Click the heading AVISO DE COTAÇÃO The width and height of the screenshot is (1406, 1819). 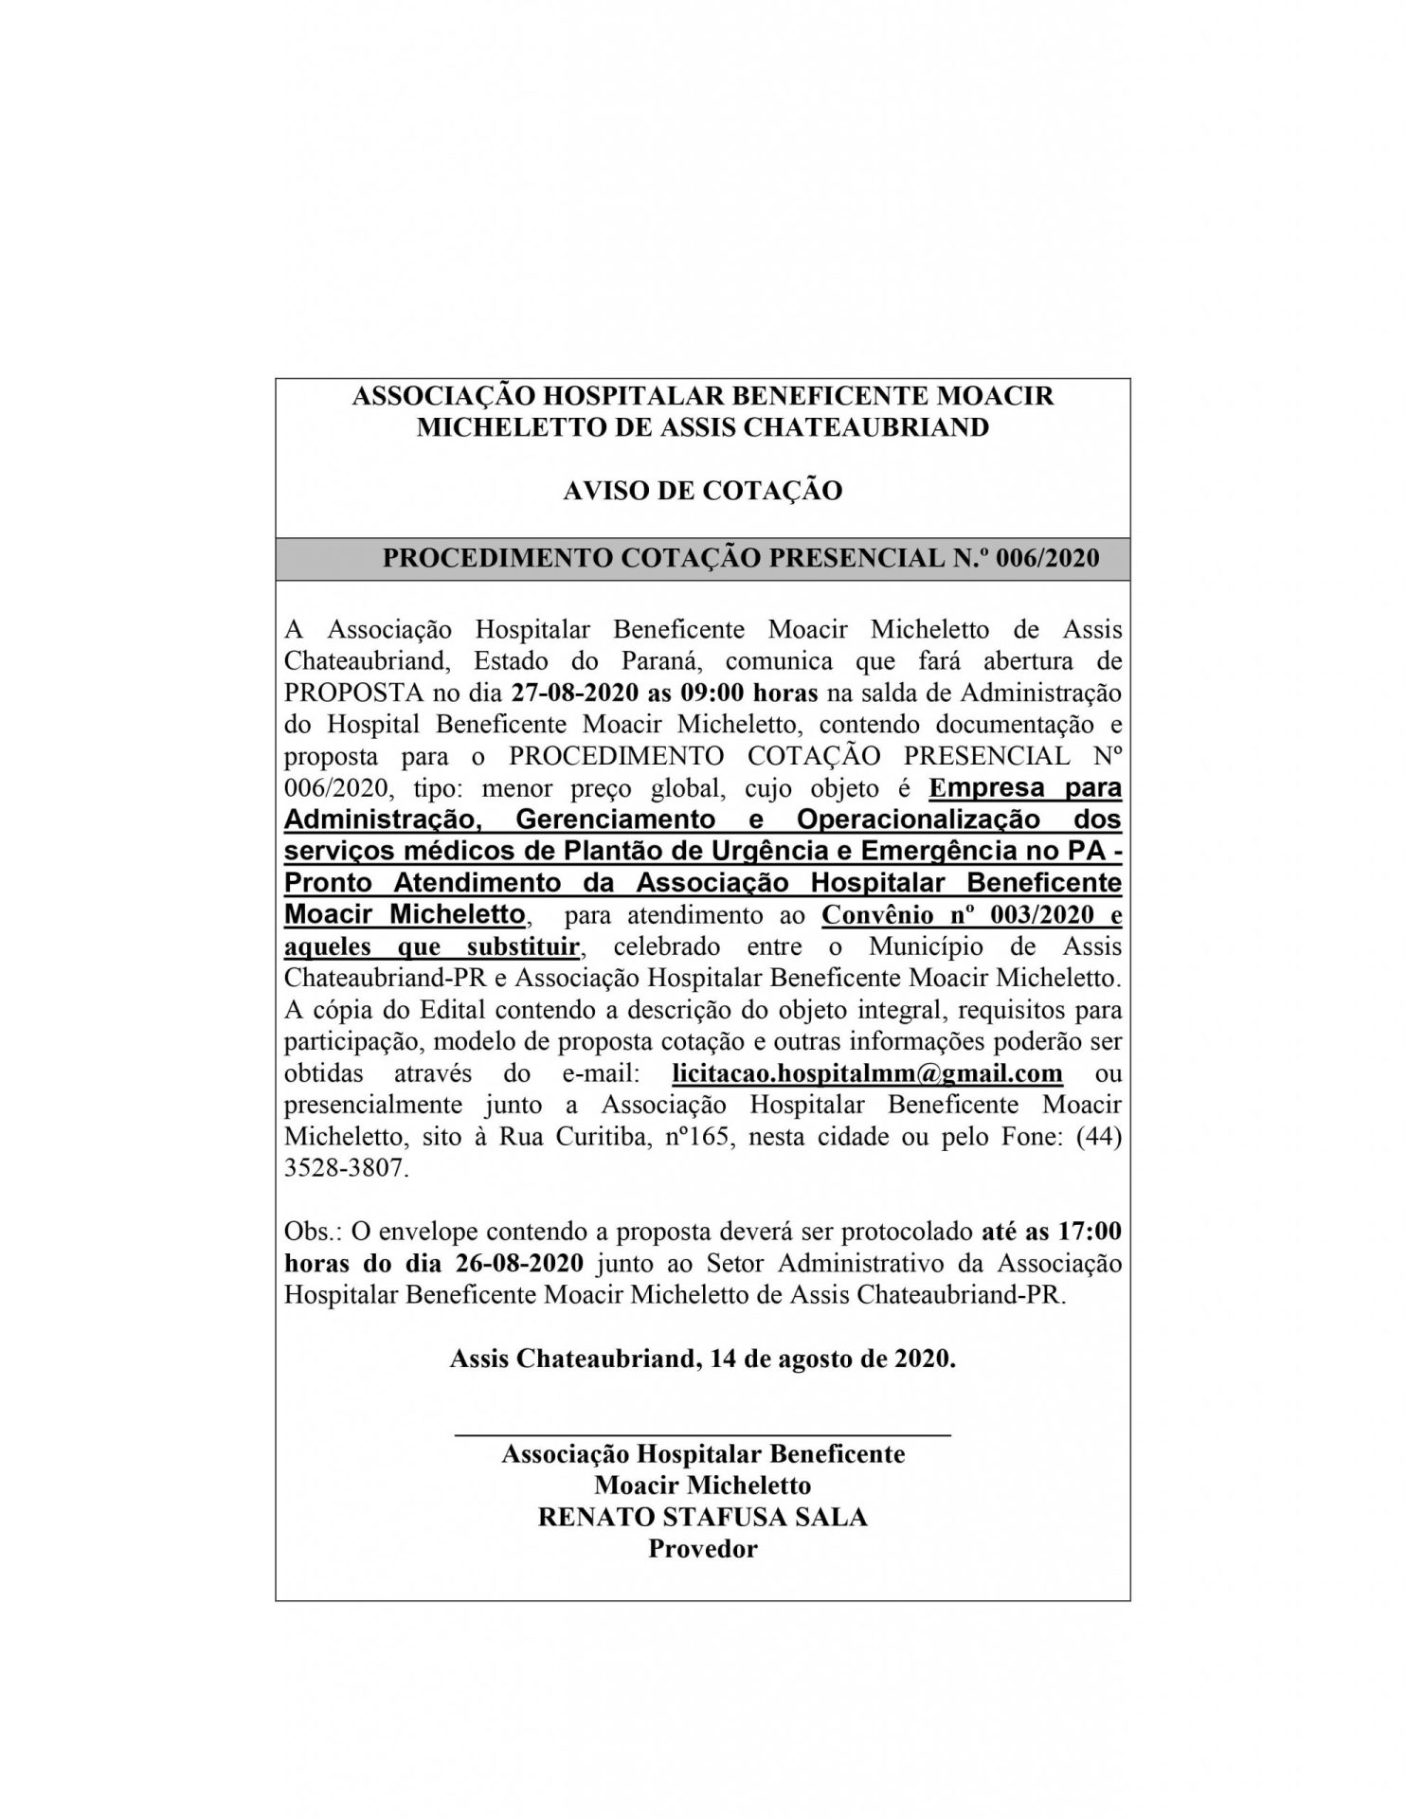pyautogui.click(x=702, y=491)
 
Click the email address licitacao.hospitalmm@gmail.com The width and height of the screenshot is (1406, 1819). pyautogui.click(x=866, y=1073)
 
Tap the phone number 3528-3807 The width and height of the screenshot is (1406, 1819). pyautogui.click(x=346, y=1169)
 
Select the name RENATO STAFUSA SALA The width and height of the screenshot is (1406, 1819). pyautogui.click(x=702, y=1517)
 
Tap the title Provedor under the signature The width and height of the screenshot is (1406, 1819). pyautogui.click(x=702, y=1549)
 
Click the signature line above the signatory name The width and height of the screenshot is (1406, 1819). pyautogui.click(x=702, y=1436)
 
